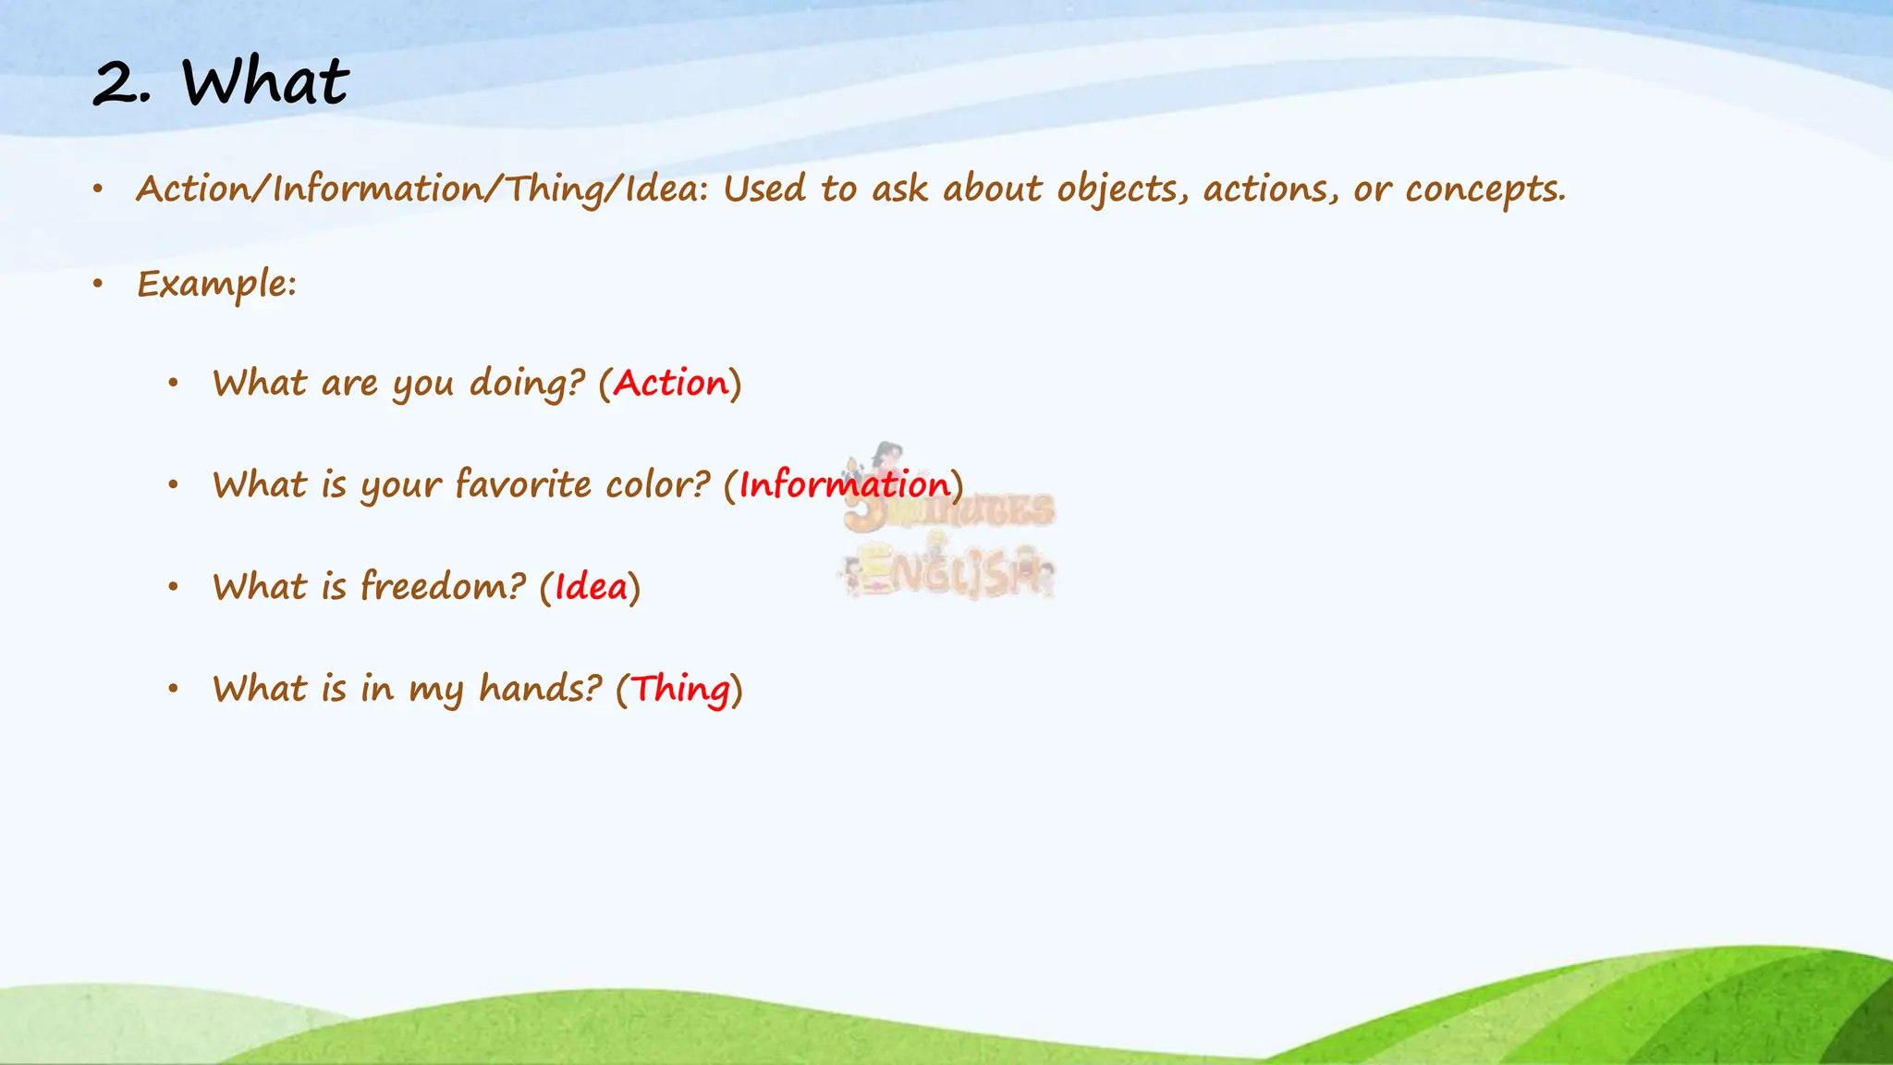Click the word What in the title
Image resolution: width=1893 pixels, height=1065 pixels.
pyautogui.click(x=265, y=82)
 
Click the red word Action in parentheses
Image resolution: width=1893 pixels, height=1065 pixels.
pyautogui.click(x=671, y=383)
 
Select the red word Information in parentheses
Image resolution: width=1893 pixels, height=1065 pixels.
pyautogui.click(x=844, y=484)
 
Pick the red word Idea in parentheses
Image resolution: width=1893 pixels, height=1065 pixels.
pyautogui.click(x=591, y=586)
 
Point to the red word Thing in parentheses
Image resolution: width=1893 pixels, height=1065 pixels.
pyautogui.click(x=680, y=689)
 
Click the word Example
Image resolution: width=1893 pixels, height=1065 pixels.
pyautogui.click(x=216, y=284)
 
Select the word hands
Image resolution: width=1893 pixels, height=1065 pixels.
pyautogui.click(x=540, y=689)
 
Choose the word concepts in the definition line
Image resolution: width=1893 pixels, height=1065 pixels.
pyautogui.click(x=1484, y=190)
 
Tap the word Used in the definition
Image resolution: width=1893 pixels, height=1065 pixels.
pyautogui.click(x=764, y=189)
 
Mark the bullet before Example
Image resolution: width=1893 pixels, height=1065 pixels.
pyautogui.click(x=97, y=284)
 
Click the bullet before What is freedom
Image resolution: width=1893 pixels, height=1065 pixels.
pyautogui.click(x=173, y=586)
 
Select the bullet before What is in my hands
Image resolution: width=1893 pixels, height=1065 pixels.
pyautogui.click(x=173, y=689)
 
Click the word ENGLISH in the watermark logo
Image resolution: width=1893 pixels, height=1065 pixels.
pyautogui.click(x=952, y=575)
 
